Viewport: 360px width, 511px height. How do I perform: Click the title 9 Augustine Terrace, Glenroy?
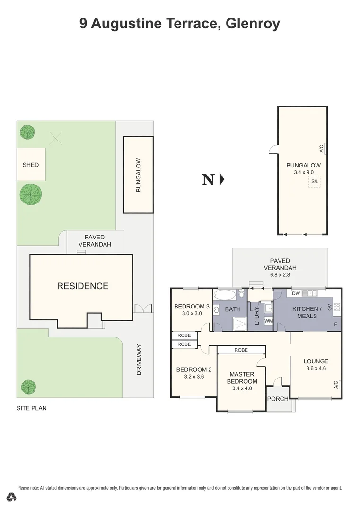(180, 24)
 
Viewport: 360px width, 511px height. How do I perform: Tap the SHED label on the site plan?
(31, 165)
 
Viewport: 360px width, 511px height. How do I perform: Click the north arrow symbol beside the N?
(221, 180)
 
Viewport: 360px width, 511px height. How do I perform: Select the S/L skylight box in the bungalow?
(315, 182)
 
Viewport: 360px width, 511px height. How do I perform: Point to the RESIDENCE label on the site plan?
(83, 286)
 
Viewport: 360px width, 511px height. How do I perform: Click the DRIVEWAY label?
(139, 360)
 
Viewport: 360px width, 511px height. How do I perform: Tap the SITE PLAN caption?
(32, 408)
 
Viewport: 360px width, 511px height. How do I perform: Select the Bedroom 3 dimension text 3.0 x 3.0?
(192, 313)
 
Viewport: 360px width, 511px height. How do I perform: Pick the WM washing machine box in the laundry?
(268, 321)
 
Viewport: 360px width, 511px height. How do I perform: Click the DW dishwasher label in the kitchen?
(296, 294)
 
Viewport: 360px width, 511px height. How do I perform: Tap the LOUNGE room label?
(316, 361)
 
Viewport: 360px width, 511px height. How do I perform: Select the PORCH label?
(278, 399)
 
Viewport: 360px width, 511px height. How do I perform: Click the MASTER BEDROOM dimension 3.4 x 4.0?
(242, 388)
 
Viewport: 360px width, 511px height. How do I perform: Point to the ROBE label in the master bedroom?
(241, 350)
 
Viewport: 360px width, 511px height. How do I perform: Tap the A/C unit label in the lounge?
(336, 385)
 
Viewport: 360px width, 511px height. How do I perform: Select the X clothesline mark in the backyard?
(56, 138)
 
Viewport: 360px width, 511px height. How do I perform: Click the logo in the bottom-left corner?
(12, 497)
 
